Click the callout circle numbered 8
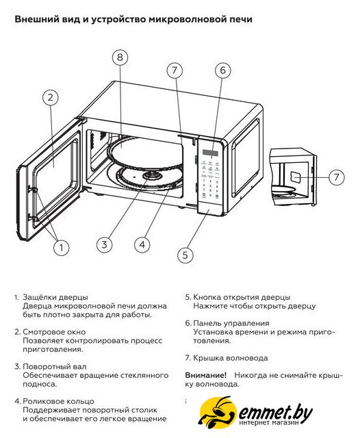[x=120, y=57]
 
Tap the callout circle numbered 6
[x=222, y=70]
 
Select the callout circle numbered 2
[x=50, y=97]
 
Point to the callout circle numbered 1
[x=61, y=247]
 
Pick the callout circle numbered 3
[x=104, y=245]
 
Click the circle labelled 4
[x=142, y=245]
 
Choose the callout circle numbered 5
[x=185, y=255]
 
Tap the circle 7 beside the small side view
[x=336, y=177]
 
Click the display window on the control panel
[x=210, y=153]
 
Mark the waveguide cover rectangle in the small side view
[x=296, y=177]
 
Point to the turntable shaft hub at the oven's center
[x=152, y=177]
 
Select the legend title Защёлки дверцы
[x=55, y=297]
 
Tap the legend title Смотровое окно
[x=54, y=332]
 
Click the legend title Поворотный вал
[x=55, y=367]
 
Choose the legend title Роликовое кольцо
[x=58, y=401]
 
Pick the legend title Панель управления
[x=231, y=323]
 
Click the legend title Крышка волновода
[x=231, y=358]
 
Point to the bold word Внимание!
[x=206, y=375]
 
